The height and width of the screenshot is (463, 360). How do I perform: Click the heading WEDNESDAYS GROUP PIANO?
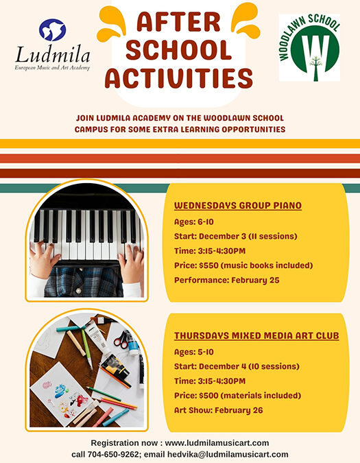pos(238,205)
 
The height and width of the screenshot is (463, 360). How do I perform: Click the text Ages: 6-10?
pos(194,221)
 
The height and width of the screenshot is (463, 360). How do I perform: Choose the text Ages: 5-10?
pos(194,352)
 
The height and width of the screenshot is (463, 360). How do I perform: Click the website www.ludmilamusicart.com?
pos(217,442)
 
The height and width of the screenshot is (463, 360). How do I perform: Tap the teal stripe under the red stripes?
pos(180,187)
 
